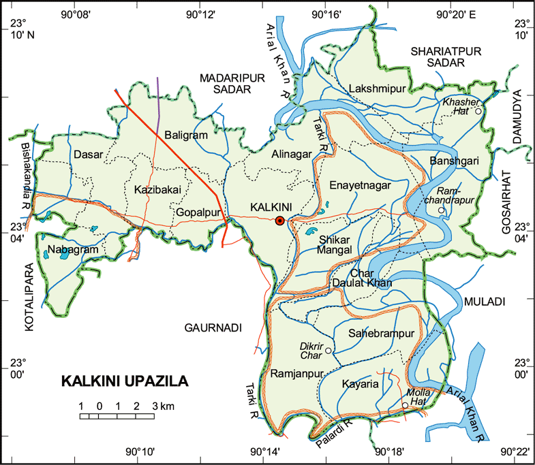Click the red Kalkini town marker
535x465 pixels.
point(279,220)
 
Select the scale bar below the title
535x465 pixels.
point(117,415)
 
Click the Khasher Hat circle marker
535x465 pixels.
point(478,110)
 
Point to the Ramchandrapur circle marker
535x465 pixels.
point(441,210)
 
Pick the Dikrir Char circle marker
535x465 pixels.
point(328,351)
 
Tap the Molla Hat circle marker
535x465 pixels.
point(406,406)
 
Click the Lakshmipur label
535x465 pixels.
point(377,89)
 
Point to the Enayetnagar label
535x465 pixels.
point(361,185)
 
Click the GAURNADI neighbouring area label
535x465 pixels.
point(213,327)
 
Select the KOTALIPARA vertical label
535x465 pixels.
point(29,297)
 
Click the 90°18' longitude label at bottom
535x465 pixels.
point(390,452)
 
